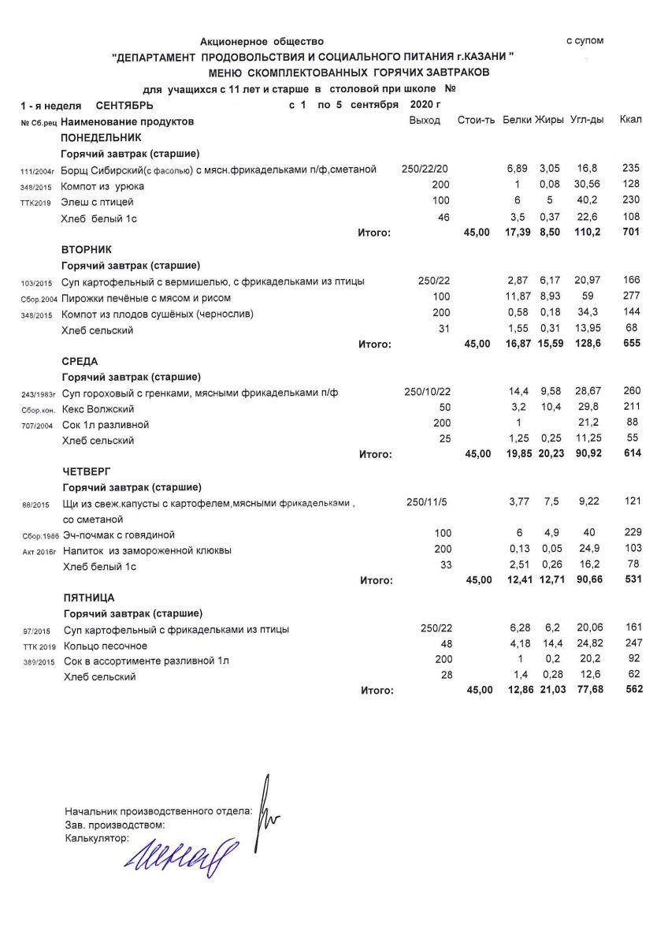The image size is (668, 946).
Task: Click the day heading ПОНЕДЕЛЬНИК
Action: (101, 137)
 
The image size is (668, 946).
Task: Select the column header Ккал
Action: (630, 120)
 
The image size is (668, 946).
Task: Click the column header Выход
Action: (425, 120)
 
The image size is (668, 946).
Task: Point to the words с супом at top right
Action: (585, 40)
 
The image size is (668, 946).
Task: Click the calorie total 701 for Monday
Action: (630, 233)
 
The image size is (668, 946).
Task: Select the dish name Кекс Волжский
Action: (98, 409)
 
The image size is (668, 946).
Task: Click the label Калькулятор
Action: (96, 838)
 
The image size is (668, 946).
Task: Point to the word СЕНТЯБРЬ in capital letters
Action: (124, 105)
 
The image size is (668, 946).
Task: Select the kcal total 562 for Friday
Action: (631, 690)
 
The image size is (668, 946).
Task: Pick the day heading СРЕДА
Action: (80, 361)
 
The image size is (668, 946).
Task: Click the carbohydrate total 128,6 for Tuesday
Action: (586, 344)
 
